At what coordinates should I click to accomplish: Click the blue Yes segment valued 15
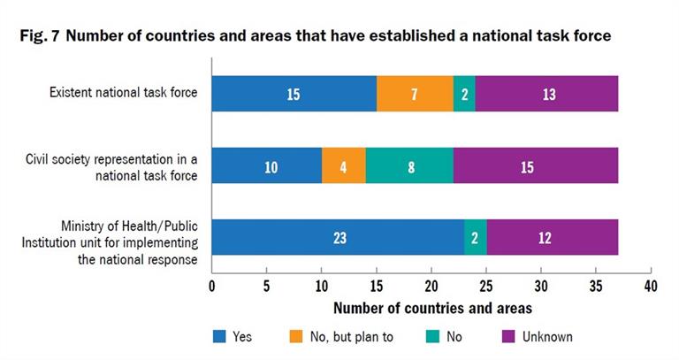pyautogui.click(x=294, y=94)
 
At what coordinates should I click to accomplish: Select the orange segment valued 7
pyautogui.click(x=415, y=94)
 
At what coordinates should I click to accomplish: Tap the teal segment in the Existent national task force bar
pyautogui.click(x=464, y=94)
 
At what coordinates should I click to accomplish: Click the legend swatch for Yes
pyautogui.click(x=220, y=336)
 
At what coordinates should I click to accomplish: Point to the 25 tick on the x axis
pyautogui.click(x=485, y=287)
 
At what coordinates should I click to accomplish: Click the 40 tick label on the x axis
pyautogui.click(x=650, y=287)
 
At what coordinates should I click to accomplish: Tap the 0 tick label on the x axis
pyautogui.click(x=211, y=287)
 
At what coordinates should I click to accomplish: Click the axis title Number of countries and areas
pyautogui.click(x=431, y=309)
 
